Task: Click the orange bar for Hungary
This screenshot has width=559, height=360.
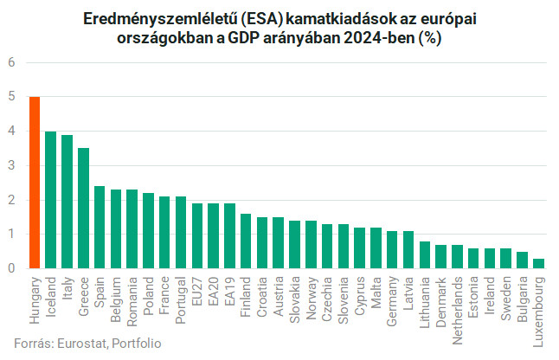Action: [x=35, y=183]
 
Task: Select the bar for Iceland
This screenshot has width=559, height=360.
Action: [x=51, y=200]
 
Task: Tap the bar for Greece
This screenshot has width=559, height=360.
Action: [x=83, y=209]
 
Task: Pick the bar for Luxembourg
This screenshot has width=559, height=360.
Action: [x=539, y=263]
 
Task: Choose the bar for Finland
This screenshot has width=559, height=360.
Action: [x=246, y=241]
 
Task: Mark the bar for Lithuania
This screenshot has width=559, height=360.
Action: [x=425, y=255]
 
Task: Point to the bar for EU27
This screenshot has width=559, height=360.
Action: [x=197, y=236]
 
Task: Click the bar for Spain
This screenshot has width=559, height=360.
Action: [x=100, y=228]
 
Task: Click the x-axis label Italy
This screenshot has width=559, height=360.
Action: [x=67, y=289]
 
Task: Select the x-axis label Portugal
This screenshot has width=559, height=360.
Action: [x=181, y=299]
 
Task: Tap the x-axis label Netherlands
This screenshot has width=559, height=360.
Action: [x=458, y=307]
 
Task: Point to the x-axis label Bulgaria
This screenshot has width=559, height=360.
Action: [x=523, y=298]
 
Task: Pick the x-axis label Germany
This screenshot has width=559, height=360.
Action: [x=393, y=299]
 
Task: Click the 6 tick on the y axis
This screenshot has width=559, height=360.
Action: [x=12, y=62]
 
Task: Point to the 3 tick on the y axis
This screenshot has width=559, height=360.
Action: [x=12, y=165]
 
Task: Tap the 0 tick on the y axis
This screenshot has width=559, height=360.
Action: [x=12, y=268]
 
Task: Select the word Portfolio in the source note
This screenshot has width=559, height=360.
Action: [x=136, y=343]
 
